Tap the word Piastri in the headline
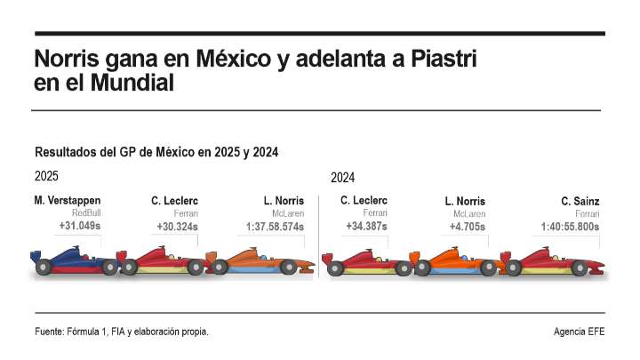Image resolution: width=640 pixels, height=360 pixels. coord(440,61)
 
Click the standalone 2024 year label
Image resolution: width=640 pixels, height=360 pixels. coord(343,178)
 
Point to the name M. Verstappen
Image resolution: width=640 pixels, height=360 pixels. coord(67,201)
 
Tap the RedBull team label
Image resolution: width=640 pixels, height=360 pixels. coord(86,213)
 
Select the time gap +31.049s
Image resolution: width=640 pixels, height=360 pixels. coord(80,227)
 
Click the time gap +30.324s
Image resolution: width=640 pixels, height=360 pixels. coord(177,227)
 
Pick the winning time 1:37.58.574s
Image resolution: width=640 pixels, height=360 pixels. coord(276,227)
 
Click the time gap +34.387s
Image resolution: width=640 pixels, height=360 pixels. coord(366,227)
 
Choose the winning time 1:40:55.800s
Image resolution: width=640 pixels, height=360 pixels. coord(570,227)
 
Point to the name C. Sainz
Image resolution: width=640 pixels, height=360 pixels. coord(580,202)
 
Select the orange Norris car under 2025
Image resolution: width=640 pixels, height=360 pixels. coord(262,261)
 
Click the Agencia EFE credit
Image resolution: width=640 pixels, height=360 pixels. coord(578,332)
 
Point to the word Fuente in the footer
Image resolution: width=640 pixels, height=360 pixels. coord(48,332)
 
